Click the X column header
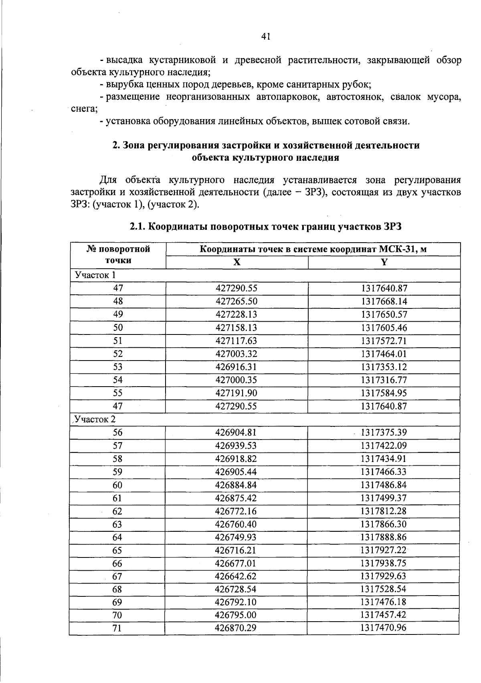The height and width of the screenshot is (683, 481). [x=237, y=263]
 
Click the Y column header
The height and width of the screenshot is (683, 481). [x=384, y=263]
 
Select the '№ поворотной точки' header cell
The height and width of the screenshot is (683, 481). [x=118, y=255]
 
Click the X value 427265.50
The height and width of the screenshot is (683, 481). [x=236, y=302]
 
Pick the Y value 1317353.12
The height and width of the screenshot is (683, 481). [x=384, y=367]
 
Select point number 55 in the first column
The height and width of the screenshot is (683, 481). [x=117, y=393]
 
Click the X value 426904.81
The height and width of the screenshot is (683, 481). [x=236, y=433]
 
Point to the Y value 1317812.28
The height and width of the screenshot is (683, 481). [x=383, y=511]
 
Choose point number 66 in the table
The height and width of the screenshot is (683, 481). [x=117, y=564]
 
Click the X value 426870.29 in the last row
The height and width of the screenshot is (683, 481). [x=235, y=628]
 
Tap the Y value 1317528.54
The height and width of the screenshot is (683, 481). [x=383, y=590]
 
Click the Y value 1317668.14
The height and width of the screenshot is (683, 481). [x=384, y=302]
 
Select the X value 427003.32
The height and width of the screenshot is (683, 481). [x=236, y=354]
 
